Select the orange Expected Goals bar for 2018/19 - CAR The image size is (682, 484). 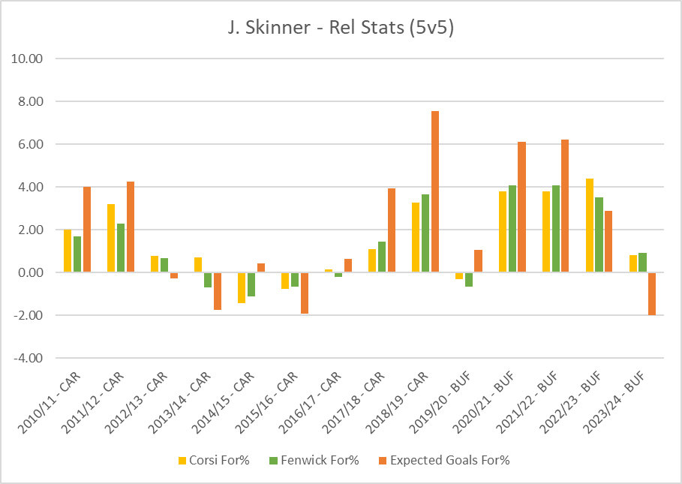[435, 191]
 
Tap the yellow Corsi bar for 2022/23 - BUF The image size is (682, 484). [589, 225]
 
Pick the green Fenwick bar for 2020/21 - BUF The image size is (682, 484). [512, 229]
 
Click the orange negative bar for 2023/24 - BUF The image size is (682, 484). [651, 293]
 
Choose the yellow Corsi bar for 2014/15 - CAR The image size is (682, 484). [242, 287]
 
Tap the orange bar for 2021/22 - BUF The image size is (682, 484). [564, 206]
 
